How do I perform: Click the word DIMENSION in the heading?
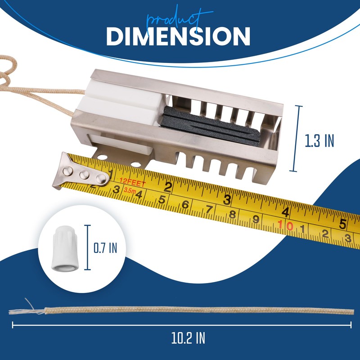click(178, 36)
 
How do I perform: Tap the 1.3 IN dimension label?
click(319, 140)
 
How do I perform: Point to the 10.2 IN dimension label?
click(188, 338)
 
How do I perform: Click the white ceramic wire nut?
click(65, 248)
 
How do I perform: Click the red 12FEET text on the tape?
click(133, 182)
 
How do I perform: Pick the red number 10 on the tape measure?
click(285, 225)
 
